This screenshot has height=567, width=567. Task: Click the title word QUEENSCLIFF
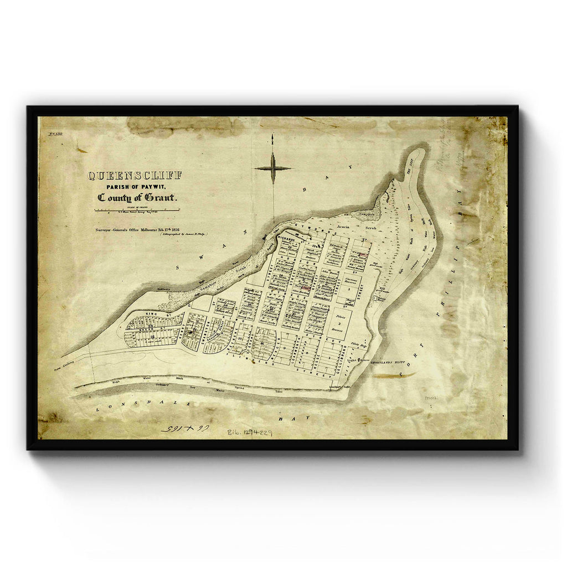pyautogui.click(x=135, y=176)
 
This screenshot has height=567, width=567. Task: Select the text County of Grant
pyautogui.click(x=138, y=198)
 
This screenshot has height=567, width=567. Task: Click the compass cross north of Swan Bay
pyautogui.click(x=272, y=168)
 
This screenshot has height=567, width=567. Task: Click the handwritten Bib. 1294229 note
pyautogui.click(x=249, y=431)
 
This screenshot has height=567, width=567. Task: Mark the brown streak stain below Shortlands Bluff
pyautogui.click(x=394, y=375)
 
